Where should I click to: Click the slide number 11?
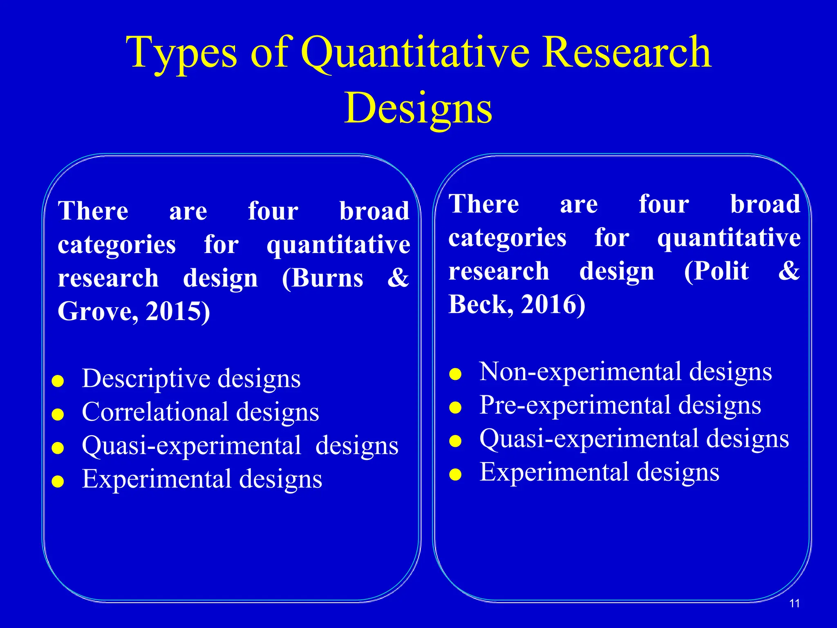794,603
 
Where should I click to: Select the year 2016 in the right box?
552,305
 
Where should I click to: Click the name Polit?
716,271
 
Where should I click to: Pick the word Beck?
479,305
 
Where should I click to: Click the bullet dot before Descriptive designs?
58,381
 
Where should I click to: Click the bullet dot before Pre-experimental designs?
455,408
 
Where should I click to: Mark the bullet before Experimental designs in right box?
455,475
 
